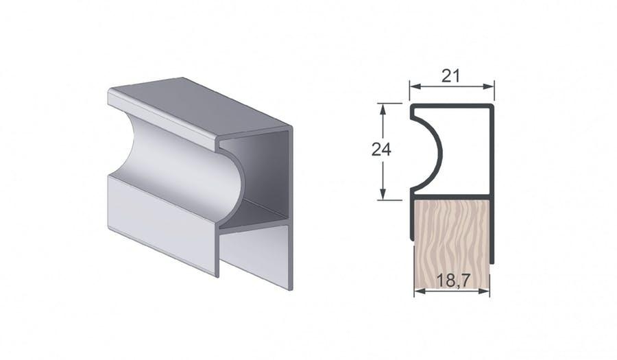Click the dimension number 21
click(450, 76)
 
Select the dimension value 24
click(381, 149)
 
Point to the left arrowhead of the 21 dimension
click(413, 86)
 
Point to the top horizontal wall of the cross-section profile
click(452, 106)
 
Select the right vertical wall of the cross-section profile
click(492, 151)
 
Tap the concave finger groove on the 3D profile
click(178, 171)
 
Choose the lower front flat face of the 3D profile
click(161, 219)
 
